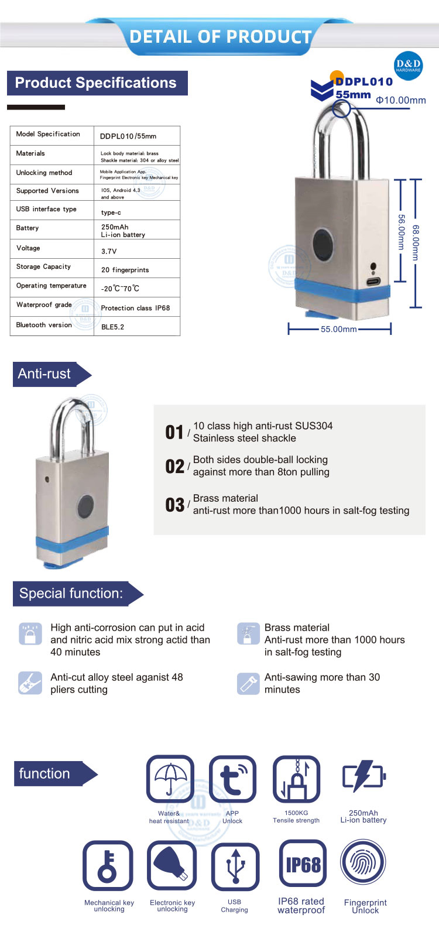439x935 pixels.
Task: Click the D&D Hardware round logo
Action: click(408, 66)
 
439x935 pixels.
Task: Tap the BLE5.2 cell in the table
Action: click(113, 327)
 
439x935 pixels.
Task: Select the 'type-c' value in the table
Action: click(111, 213)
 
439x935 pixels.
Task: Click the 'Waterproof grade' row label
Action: click(44, 305)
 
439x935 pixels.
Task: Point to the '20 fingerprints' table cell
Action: click(125, 270)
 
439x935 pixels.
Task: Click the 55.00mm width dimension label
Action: click(339, 329)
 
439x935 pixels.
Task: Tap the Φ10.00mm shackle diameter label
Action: click(401, 100)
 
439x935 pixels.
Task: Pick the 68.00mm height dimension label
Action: click(416, 242)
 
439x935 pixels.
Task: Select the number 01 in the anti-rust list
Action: click(174, 433)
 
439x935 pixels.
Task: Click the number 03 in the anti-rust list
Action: click(174, 505)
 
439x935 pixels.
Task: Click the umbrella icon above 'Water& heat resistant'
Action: click(170, 778)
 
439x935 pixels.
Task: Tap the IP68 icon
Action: click(303, 865)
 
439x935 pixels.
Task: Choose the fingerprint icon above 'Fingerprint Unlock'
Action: click(363, 864)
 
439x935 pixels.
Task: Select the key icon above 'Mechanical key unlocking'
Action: click(108, 865)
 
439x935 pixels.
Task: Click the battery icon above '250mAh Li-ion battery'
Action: click(363, 776)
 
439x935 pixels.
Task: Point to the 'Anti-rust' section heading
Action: click(45, 374)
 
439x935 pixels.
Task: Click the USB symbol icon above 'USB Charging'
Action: click(235, 866)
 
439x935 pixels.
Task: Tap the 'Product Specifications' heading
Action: click(96, 83)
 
